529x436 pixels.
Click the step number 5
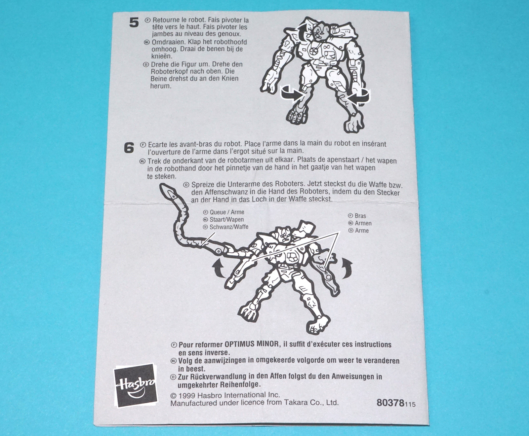134,23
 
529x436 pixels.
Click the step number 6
129,148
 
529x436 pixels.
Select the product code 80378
390,403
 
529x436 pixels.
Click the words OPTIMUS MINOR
251,344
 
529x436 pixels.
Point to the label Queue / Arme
227,212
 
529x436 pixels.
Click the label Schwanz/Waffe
229,227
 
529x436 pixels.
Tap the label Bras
360,216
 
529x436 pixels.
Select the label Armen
363,223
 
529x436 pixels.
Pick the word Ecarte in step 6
157,145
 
